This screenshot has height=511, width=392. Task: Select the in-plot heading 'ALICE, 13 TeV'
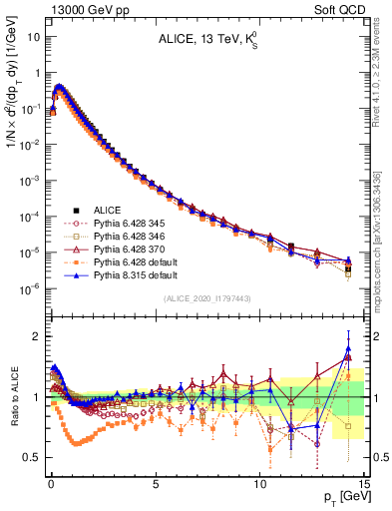click(206, 40)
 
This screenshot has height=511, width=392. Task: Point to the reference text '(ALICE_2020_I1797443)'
click(206, 299)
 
